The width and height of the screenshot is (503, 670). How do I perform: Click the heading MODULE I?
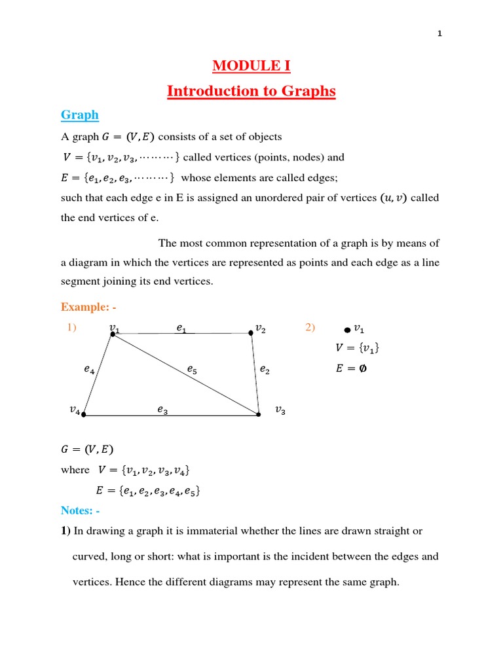click(251, 66)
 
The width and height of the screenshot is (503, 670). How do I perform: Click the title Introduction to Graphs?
click(251, 91)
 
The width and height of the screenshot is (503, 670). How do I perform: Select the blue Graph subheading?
click(79, 115)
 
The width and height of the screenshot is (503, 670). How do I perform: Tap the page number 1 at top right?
click(440, 35)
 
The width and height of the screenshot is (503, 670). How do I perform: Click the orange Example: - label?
click(88, 307)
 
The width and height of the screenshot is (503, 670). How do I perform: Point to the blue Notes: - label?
click(81, 510)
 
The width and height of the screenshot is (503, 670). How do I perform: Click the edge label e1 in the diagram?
click(181, 329)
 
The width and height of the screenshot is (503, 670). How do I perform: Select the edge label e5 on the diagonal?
click(191, 370)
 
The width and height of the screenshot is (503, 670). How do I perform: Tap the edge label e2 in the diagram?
click(264, 370)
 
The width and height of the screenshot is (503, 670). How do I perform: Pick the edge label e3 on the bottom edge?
click(162, 410)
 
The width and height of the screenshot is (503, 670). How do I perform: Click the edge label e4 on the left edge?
click(89, 370)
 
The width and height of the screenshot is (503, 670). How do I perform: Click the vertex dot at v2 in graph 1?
click(251, 334)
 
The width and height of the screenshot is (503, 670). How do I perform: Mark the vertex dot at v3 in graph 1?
click(259, 414)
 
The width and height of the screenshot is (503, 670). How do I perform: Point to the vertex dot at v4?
click(84, 414)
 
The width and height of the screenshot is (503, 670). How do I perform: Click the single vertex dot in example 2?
click(347, 331)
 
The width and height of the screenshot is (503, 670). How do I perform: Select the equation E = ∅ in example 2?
click(351, 368)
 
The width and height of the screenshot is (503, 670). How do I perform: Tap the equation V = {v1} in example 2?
click(357, 349)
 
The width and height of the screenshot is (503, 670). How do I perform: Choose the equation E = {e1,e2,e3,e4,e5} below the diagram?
click(147, 491)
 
